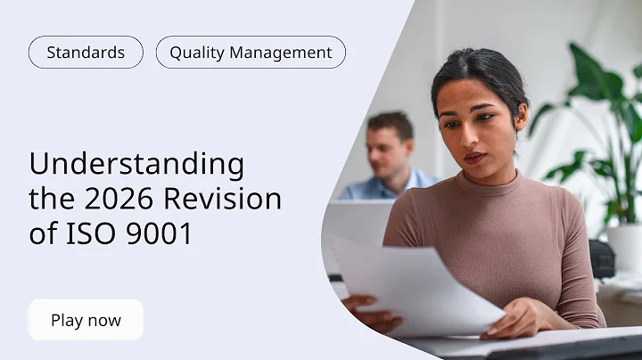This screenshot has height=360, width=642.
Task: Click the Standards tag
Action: tap(86, 53)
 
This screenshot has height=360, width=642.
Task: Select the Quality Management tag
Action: tap(251, 53)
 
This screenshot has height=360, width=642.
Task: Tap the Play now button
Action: tap(86, 320)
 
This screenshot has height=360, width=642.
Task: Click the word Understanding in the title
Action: tap(136, 164)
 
